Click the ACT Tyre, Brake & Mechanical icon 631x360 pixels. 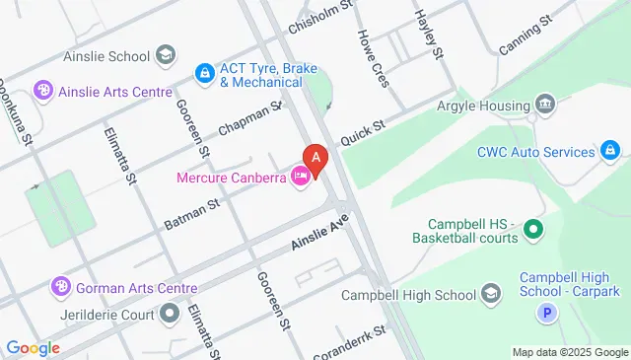click(x=204, y=72)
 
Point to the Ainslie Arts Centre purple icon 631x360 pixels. click(x=42, y=92)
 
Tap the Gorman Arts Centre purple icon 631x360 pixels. click(x=60, y=287)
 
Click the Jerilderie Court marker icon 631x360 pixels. click(x=171, y=313)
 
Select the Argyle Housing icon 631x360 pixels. click(x=544, y=106)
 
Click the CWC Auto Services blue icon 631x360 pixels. click(x=611, y=152)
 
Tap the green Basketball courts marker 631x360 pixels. click(x=533, y=232)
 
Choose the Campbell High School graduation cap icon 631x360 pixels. click(x=490, y=294)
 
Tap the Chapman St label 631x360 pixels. click(x=250, y=117)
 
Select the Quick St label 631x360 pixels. click(x=362, y=132)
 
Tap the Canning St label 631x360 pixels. click(x=524, y=38)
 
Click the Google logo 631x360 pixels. click(x=32, y=347)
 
